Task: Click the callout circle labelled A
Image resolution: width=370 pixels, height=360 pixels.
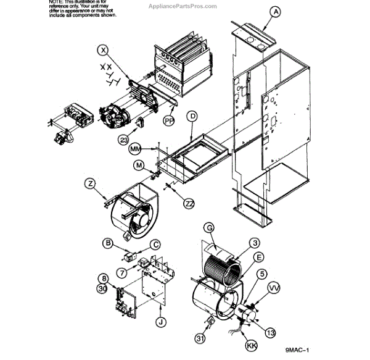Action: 276,12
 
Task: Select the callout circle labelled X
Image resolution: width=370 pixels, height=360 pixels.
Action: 103,49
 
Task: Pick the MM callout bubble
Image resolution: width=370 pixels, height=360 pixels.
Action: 135,149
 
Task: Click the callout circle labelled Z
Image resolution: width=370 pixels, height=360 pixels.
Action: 91,183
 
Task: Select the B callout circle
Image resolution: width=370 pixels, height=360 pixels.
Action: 108,244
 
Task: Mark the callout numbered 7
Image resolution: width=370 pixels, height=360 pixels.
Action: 121,272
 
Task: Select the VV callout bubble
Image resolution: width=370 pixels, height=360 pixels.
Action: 274,288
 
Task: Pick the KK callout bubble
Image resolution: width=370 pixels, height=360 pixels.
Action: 251,345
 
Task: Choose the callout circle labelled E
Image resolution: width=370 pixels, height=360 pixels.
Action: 259,257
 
